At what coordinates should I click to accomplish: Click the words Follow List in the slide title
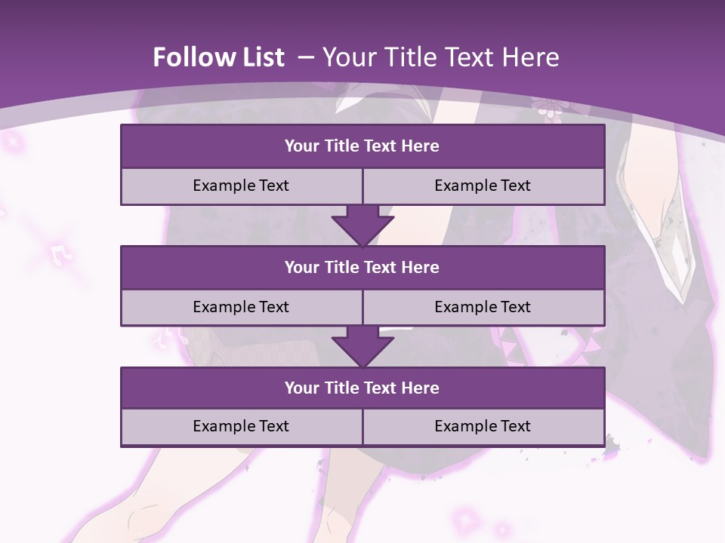(x=218, y=57)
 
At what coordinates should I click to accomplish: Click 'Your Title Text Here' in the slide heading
(x=440, y=57)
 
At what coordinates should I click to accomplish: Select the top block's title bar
(x=362, y=146)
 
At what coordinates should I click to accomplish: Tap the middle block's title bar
(x=362, y=268)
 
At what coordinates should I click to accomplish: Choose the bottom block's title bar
(x=362, y=388)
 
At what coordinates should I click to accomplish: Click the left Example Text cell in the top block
(x=241, y=186)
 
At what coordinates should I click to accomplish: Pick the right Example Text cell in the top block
(x=483, y=186)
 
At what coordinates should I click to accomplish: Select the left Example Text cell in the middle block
(x=241, y=308)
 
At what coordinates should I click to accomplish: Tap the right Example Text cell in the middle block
(x=483, y=308)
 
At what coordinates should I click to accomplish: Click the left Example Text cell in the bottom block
(x=241, y=427)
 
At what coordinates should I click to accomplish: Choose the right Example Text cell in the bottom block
(x=483, y=427)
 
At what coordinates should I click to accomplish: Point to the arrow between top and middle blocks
(x=362, y=225)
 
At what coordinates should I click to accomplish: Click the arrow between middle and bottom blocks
(x=362, y=346)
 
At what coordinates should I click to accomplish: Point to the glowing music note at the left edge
(x=60, y=255)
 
